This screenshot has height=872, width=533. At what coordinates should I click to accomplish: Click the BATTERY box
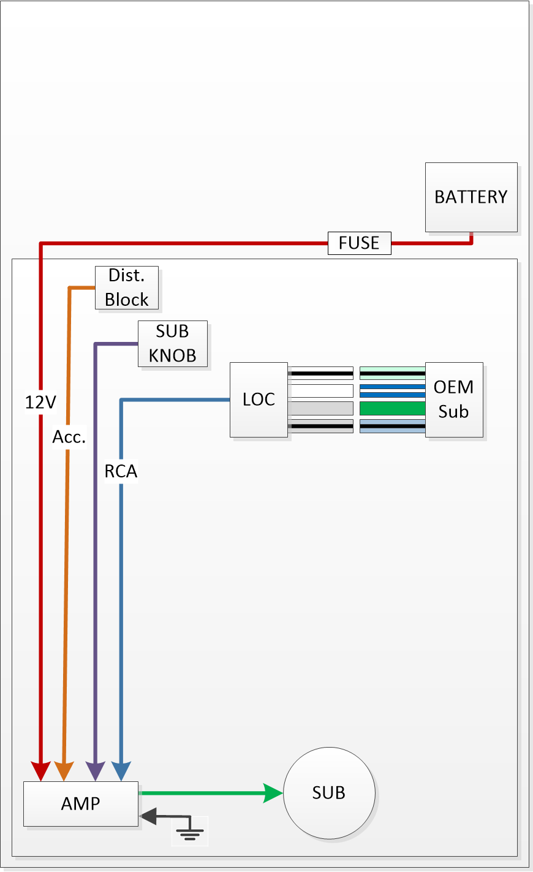click(471, 197)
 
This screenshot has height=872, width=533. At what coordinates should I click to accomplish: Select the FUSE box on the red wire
click(360, 243)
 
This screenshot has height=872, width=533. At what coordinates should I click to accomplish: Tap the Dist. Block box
click(127, 287)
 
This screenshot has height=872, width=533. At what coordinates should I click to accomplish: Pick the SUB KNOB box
click(173, 344)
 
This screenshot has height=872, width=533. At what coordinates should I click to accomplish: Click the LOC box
click(259, 400)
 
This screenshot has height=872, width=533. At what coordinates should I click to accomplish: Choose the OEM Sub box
click(454, 400)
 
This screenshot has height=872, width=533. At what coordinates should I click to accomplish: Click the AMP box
click(81, 804)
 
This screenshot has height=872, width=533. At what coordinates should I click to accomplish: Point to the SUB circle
click(329, 793)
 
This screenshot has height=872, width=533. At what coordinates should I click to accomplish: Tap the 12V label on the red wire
click(41, 402)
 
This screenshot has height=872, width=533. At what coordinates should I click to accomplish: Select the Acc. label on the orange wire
click(69, 437)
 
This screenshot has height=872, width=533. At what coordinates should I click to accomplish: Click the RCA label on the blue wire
click(121, 471)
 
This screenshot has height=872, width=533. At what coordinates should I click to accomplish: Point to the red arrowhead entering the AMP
click(41, 772)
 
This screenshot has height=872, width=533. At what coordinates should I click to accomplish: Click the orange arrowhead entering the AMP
click(64, 772)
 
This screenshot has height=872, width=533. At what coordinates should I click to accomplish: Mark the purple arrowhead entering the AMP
click(95, 772)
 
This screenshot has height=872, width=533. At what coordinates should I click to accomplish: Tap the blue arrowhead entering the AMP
click(121, 772)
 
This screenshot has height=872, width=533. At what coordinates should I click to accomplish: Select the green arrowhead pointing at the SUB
click(273, 793)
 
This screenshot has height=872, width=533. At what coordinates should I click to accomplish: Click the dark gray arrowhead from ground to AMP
click(148, 816)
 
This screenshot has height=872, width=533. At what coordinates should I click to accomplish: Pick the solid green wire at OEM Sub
click(393, 408)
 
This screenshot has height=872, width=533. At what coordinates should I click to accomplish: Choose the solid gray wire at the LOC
click(322, 408)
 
